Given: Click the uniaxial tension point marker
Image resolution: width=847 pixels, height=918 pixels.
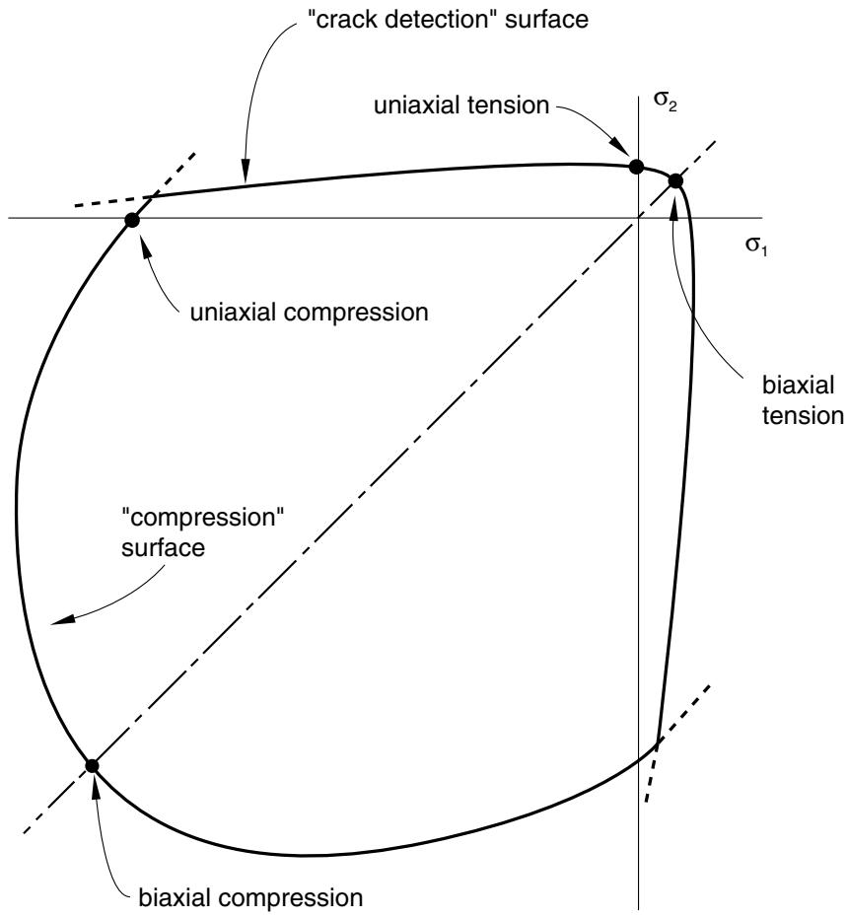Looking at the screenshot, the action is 636,167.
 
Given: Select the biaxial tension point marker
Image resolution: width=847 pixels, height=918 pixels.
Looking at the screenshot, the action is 675,180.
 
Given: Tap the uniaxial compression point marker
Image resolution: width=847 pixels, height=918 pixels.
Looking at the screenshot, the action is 132,221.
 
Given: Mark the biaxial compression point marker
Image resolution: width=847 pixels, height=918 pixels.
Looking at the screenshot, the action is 92,765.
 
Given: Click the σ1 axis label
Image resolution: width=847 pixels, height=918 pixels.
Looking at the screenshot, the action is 756,246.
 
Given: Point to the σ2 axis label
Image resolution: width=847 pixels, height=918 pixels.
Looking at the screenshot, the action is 665,103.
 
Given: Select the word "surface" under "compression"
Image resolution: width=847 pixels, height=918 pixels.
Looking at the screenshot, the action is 164,548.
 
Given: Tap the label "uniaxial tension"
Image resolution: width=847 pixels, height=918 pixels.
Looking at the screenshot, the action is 461,106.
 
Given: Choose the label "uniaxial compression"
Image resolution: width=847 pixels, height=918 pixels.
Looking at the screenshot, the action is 309,313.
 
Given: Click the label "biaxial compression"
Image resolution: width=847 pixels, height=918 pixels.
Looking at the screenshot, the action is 250,897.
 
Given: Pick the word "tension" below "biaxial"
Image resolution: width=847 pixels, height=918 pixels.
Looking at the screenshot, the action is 803,416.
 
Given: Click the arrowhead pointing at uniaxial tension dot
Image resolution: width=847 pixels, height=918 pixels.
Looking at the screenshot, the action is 621,149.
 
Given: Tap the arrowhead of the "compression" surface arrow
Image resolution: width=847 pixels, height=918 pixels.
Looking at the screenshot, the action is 61,619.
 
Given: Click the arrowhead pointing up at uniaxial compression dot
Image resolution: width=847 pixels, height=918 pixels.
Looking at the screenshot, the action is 144,243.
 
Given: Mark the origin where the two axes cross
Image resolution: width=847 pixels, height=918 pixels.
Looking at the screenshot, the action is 637,218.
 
